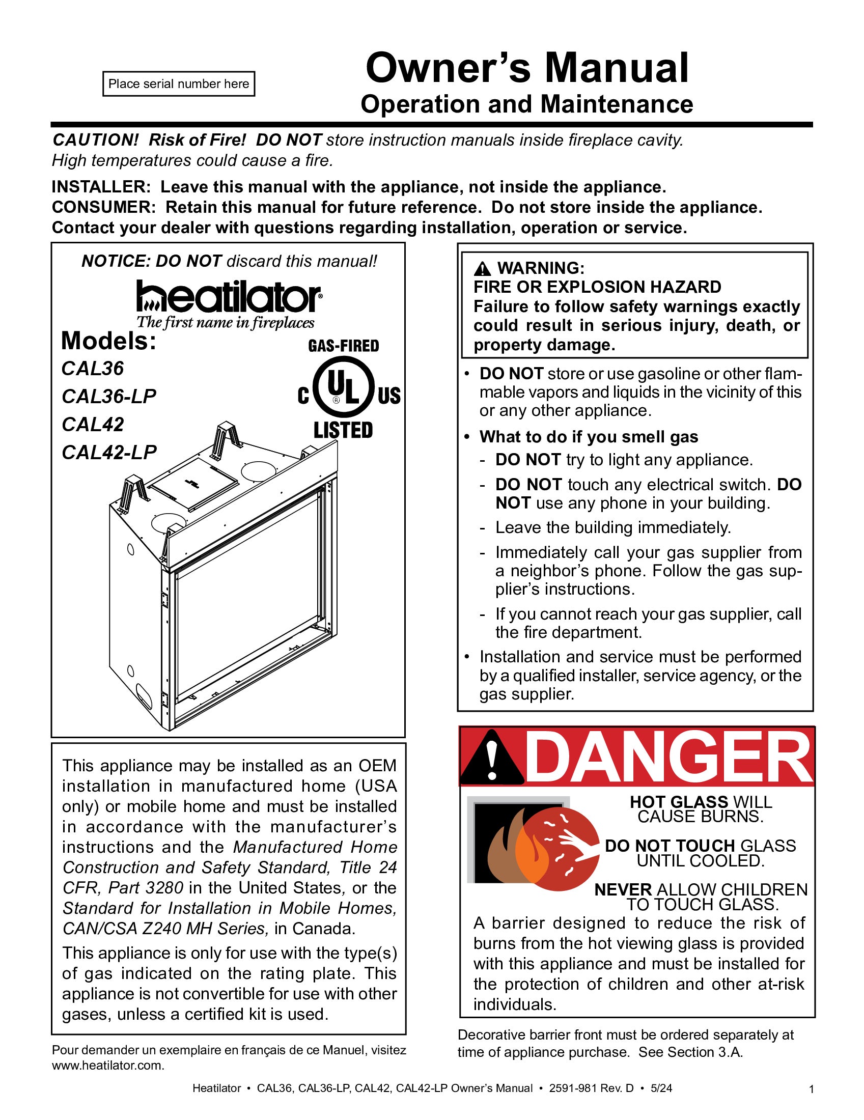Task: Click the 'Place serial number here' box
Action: coord(178,83)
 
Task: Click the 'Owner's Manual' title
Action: coord(526,68)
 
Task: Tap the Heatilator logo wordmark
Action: coord(229,297)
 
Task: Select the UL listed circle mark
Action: coord(343,388)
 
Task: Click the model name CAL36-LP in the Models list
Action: coord(109,397)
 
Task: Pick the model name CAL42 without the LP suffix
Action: coord(93,425)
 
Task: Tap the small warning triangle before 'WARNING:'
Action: coord(482,268)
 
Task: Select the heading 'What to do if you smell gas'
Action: coord(589,437)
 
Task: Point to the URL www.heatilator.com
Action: coord(107,1065)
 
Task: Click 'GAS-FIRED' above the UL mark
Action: coord(343,346)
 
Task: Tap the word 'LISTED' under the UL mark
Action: coord(343,430)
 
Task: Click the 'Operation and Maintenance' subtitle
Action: coord(526,104)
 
